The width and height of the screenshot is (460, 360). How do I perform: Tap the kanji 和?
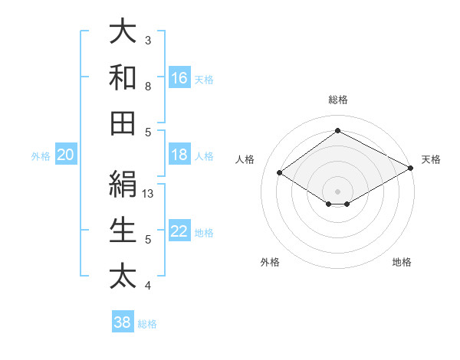click(123, 77)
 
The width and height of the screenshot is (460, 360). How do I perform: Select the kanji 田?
click(123, 123)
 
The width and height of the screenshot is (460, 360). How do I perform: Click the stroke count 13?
click(149, 194)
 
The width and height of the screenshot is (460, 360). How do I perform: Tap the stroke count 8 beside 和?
click(148, 87)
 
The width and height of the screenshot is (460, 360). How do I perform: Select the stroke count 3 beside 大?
click(148, 40)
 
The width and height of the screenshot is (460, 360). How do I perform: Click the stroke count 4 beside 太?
click(148, 286)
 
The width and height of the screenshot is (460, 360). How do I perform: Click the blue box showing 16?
click(179, 78)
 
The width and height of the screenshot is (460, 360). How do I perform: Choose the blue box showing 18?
click(179, 155)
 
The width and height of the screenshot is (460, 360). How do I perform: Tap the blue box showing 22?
click(179, 232)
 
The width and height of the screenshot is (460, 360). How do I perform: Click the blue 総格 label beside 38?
click(147, 324)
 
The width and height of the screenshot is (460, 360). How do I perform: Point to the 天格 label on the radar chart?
click(431, 160)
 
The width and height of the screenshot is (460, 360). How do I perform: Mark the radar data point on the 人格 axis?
click(280, 173)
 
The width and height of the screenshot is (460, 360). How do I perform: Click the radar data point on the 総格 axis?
click(337, 131)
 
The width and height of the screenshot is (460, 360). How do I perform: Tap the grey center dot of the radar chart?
click(337, 191)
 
